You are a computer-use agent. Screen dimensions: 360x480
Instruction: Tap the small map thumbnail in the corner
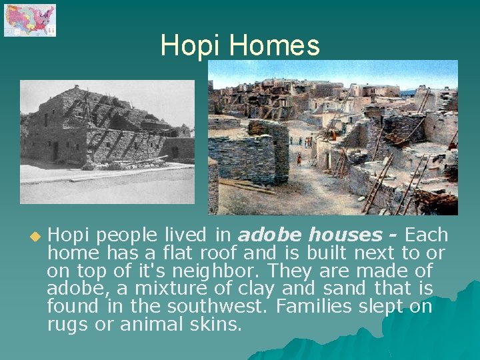tap(30, 20)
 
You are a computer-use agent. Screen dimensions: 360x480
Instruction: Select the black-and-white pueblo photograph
tap(107, 141)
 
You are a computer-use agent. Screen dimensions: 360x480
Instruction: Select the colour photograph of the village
tap(333, 137)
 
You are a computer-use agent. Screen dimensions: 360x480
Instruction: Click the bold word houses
tap(341, 235)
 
